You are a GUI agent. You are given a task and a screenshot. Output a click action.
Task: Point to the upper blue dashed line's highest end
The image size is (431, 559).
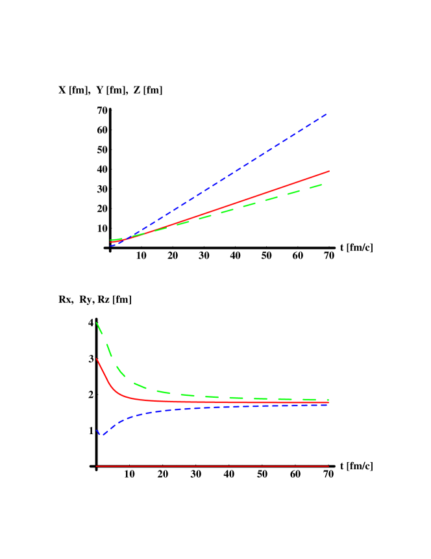click(326, 114)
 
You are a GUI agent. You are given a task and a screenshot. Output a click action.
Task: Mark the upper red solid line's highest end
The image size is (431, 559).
click(329, 171)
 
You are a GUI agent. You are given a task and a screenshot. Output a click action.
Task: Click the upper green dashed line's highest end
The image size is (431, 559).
click(323, 185)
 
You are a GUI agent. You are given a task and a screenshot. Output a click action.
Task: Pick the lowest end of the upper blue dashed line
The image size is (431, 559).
click(111, 246)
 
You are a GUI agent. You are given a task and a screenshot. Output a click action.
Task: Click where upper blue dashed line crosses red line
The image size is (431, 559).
click(127, 238)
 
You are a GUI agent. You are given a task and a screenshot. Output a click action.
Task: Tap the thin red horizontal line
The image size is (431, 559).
click(214, 466)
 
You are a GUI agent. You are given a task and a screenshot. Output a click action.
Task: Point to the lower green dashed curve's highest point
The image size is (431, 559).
click(96, 322)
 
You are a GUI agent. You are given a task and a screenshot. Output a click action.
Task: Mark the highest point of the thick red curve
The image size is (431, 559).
click(96, 358)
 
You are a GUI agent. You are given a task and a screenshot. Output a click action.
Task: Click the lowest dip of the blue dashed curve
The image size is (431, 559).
click(101, 435)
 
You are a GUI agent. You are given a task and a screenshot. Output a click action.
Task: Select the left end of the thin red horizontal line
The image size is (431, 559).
click(96, 466)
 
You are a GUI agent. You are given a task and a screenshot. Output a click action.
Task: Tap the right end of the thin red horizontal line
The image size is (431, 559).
click(329, 466)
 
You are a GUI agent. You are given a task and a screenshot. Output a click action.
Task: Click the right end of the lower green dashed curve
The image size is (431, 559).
click(328, 400)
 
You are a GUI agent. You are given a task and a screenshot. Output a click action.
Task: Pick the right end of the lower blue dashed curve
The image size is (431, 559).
click(328, 405)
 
